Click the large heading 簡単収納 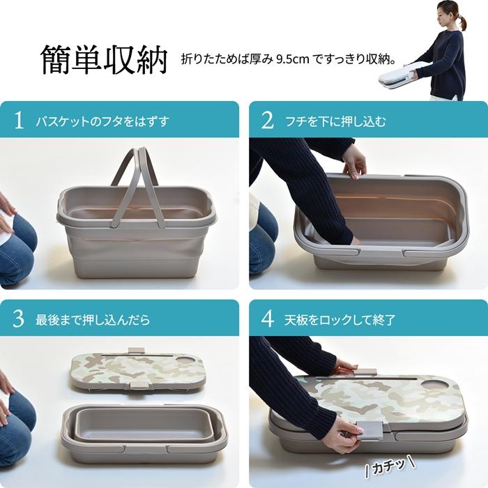[105, 60]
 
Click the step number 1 [19, 121]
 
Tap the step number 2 [267, 121]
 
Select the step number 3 [19, 319]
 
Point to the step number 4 [267, 319]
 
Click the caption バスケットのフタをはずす [102, 121]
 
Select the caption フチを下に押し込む [335, 121]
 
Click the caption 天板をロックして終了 [341, 320]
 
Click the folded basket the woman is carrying [399, 73]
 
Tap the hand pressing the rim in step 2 [354, 161]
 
